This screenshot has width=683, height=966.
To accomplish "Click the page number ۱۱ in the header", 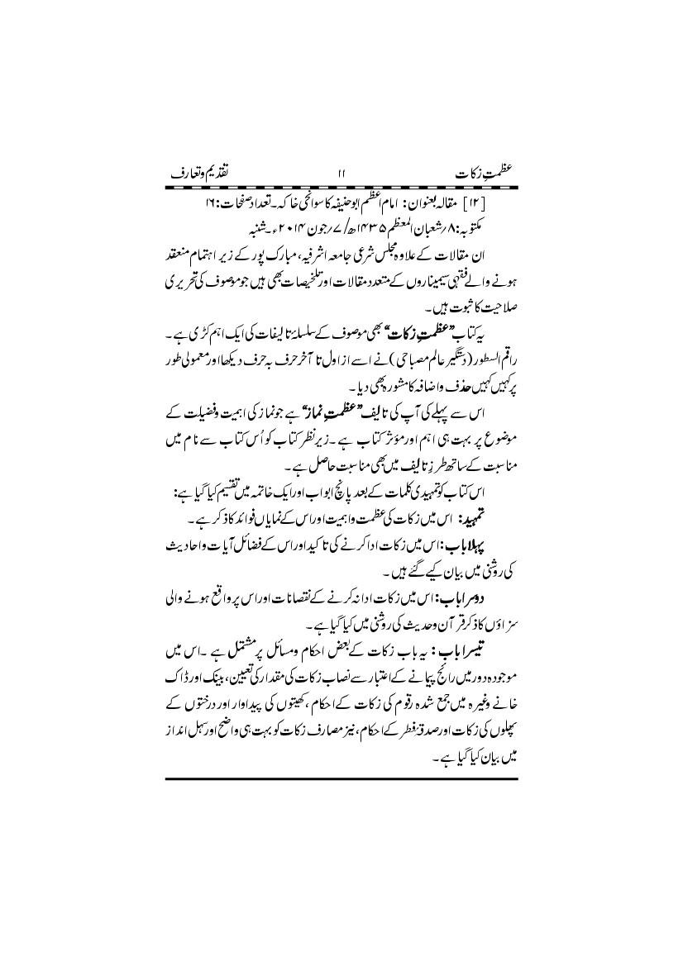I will [x=341, y=175].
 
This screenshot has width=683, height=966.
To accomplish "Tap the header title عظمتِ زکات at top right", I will [x=485, y=175].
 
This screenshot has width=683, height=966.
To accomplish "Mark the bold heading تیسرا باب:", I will [x=468, y=642].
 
